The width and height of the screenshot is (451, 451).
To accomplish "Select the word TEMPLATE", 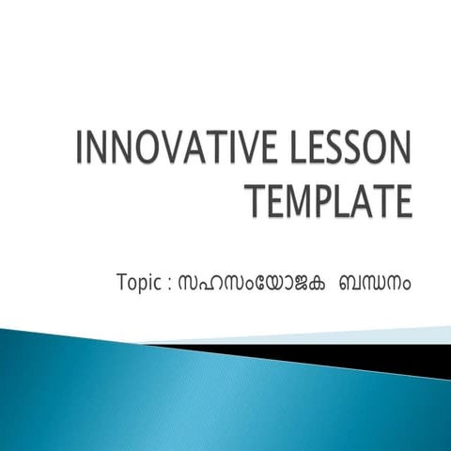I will [x=328, y=199].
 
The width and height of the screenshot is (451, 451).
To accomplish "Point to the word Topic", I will [x=138, y=282].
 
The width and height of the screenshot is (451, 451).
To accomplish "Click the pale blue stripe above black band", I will [x=357, y=335].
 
